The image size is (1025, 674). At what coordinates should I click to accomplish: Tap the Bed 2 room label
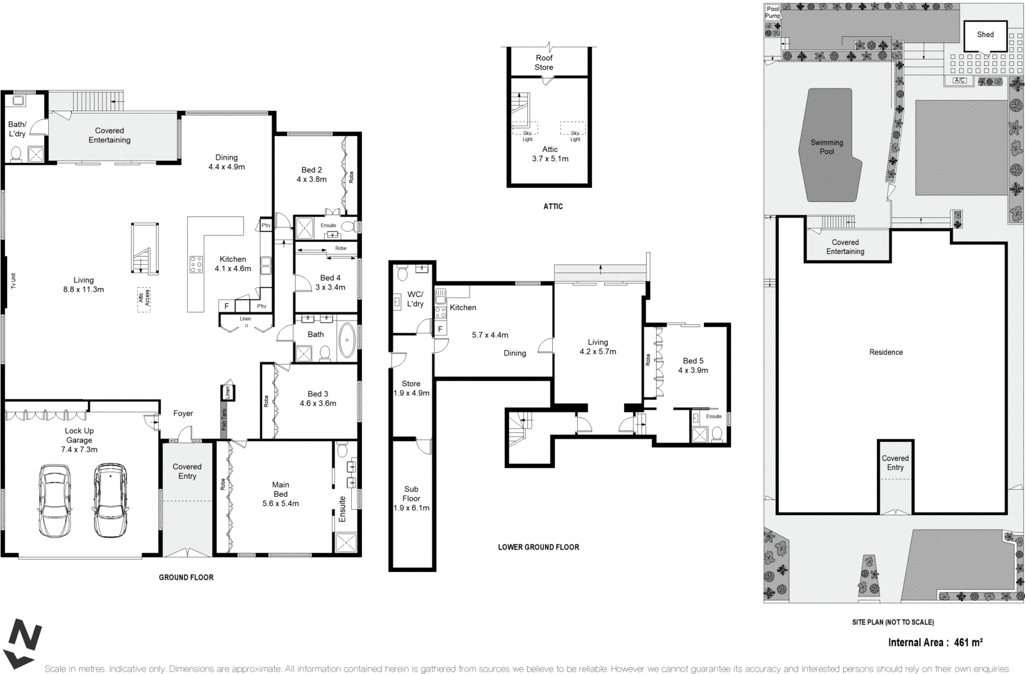coord(311,170)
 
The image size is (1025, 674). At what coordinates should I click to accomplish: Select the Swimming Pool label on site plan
coord(826,147)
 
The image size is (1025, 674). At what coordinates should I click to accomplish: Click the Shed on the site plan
coord(985,35)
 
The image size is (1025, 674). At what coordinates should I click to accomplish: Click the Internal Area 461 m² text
coord(935,642)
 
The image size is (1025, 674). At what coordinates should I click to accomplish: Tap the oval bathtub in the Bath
coord(347,340)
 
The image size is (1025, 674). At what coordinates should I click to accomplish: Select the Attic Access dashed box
coord(143,299)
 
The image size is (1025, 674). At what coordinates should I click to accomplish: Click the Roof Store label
coord(544,62)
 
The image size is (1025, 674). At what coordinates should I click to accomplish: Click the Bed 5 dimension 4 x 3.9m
coord(693,370)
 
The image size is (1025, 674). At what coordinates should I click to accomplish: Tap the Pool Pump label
coord(773,12)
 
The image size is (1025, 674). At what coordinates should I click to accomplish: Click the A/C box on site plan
coord(959,81)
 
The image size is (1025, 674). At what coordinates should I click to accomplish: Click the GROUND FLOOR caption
coord(186,577)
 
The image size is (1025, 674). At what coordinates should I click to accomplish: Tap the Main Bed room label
coord(280,489)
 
